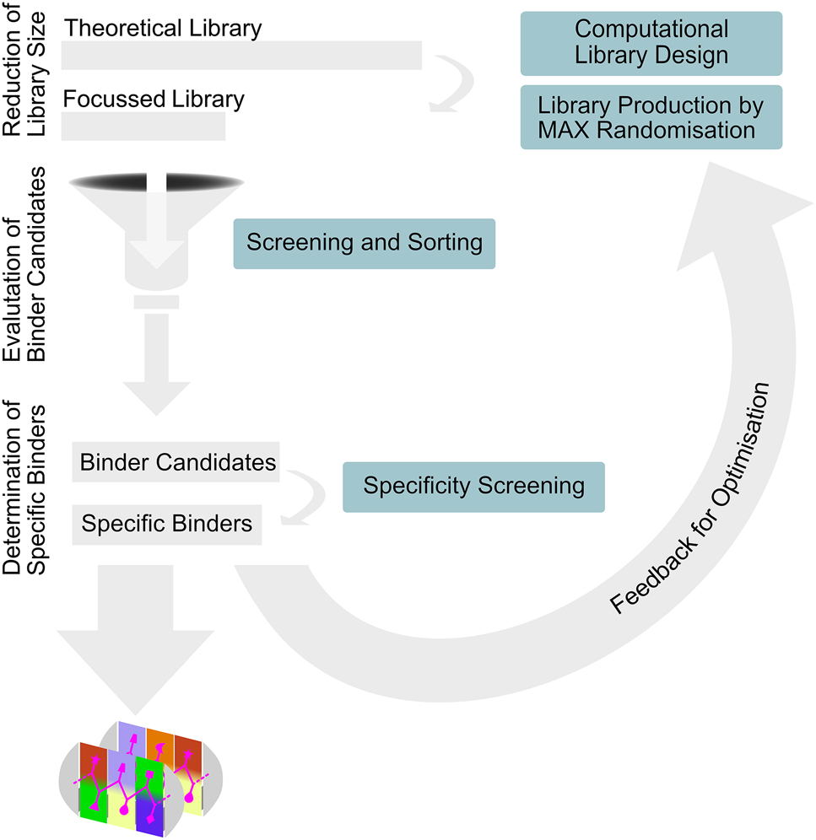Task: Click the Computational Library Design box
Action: tap(651, 42)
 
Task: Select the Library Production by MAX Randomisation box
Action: tap(651, 117)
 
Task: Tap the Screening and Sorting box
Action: tap(364, 244)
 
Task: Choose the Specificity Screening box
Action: tap(473, 487)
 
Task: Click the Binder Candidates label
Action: tap(176, 462)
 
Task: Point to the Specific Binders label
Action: tap(167, 524)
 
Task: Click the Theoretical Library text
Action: tap(163, 27)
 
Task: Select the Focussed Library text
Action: tap(154, 100)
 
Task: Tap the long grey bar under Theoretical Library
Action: tap(241, 55)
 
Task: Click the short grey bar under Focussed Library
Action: tap(143, 126)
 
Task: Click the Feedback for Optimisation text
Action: tap(690, 498)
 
